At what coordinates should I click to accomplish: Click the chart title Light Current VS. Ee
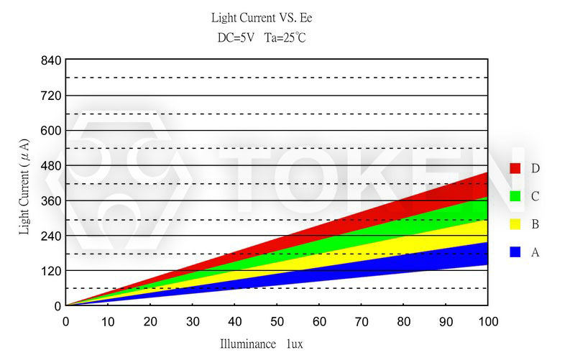(262, 17)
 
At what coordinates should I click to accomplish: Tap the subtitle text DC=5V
(236, 37)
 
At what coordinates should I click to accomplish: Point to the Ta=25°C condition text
(285, 37)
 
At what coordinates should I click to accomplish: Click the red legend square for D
(515, 168)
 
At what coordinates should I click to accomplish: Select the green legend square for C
(515, 196)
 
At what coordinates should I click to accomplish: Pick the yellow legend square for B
(515, 224)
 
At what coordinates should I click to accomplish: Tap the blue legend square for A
(515, 252)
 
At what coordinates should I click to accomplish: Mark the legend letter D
(535, 168)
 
